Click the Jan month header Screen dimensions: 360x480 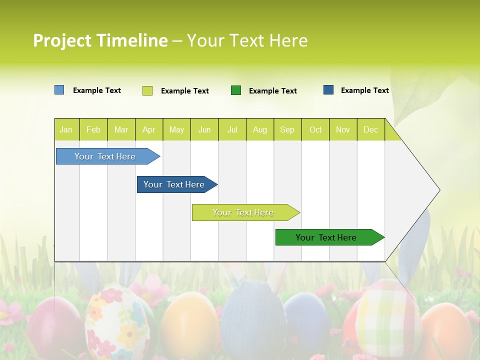click(x=66, y=129)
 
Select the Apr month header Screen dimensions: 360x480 click(x=148, y=129)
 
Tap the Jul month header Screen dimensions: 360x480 click(x=232, y=129)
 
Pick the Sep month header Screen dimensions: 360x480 click(x=287, y=129)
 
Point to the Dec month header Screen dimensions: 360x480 click(x=370, y=129)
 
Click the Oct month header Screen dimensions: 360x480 click(x=315, y=129)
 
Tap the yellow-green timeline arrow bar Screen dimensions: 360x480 click(x=243, y=212)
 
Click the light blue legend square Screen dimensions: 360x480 click(x=59, y=90)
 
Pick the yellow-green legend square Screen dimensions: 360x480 click(x=147, y=90)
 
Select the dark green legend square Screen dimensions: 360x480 click(x=235, y=90)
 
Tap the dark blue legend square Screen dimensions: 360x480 click(x=328, y=90)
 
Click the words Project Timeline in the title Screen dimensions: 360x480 click(x=100, y=40)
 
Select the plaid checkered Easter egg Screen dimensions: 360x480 click(x=387, y=317)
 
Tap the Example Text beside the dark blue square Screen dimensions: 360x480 click(x=364, y=90)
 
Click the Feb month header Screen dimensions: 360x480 click(x=93, y=129)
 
